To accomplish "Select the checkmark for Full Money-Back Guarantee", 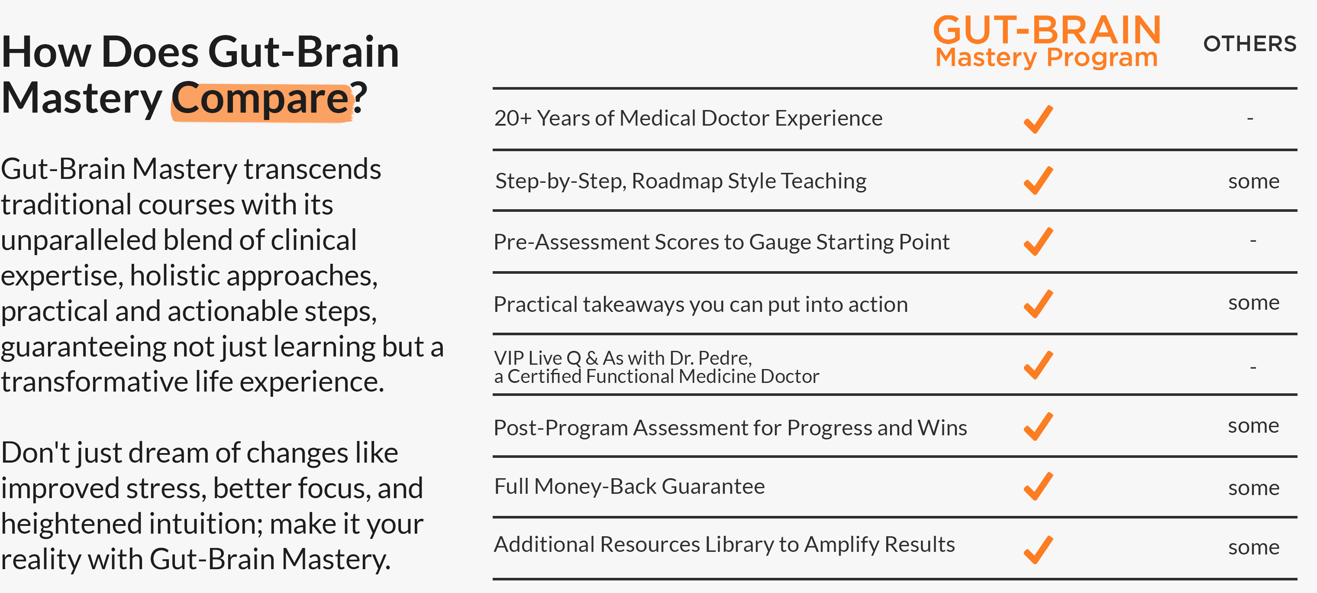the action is (x=1038, y=486).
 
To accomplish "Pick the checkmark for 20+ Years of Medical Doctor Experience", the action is (x=1038, y=119).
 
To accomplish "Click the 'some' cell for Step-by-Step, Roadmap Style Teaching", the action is (x=1254, y=181).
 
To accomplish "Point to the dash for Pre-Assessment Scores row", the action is (x=1253, y=240).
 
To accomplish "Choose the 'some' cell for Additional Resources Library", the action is (x=1254, y=548).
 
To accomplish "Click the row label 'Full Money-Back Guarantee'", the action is (x=629, y=486).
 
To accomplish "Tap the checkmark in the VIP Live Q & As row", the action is (x=1038, y=365).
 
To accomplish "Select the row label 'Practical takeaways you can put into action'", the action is (x=701, y=305).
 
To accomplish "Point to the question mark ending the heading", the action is (x=359, y=97).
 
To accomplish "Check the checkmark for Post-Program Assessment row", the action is (x=1038, y=427).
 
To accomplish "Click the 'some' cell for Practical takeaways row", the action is (x=1254, y=303).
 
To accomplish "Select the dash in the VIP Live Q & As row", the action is (x=1253, y=367).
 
